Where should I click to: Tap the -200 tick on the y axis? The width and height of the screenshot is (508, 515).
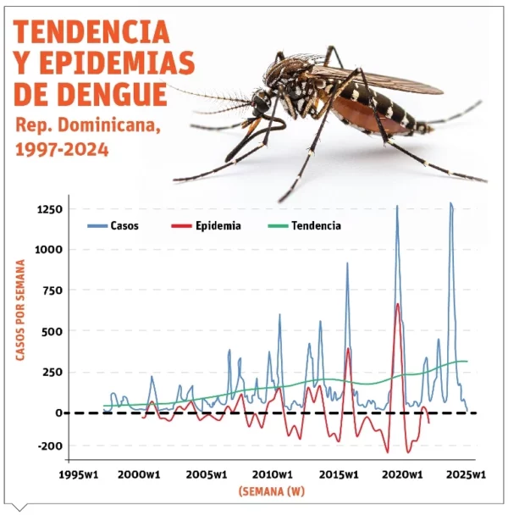coord(50,446)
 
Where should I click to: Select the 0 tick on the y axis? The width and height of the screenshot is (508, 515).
coord(59,413)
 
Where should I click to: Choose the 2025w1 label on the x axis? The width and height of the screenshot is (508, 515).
coord(467,474)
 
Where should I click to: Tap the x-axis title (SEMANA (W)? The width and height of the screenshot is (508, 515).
coord(271,492)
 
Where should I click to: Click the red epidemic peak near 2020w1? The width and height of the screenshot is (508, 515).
coord(397,305)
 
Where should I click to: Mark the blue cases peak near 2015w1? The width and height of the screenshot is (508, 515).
coord(346,264)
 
